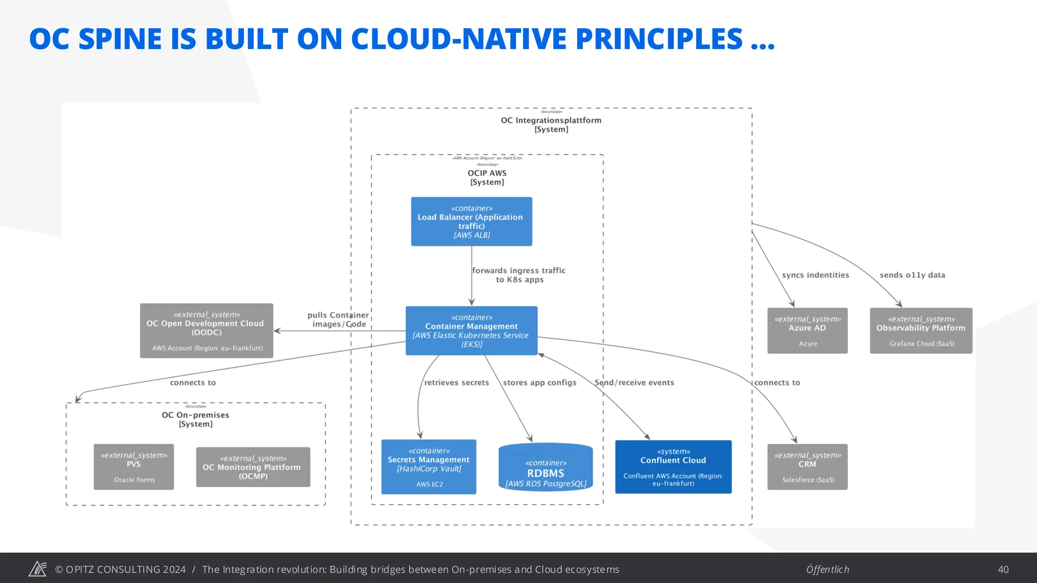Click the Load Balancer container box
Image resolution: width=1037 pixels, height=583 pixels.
pyautogui.click(x=471, y=222)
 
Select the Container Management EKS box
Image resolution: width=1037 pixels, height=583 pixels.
pyautogui.click(x=471, y=330)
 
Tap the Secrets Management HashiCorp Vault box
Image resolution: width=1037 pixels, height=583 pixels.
pyautogui.click(x=428, y=467)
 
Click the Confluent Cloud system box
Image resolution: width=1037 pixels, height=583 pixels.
pyautogui.click(x=673, y=467)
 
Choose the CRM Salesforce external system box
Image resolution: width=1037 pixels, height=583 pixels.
pyautogui.click(x=807, y=467)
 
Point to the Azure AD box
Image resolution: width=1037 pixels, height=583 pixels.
pyautogui.click(x=807, y=330)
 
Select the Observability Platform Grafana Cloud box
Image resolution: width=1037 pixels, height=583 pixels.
pyautogui.click(x=921, y=330)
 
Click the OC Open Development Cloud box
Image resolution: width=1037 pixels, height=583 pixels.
pyautogui.click(x=206, y=330)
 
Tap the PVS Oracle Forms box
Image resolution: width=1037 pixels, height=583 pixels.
pyautogui.click(x=134, y=467)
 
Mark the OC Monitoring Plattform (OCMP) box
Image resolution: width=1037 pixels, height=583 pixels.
pyautogui.click(x=253, y=467)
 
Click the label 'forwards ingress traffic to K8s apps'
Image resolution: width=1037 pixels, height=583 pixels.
pyautogui.click(x=519, y=275)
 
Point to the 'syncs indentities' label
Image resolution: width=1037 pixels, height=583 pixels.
pyautogui.click(x=815, y=275)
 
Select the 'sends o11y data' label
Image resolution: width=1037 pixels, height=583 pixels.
pyautogui.click(x=912, y=275)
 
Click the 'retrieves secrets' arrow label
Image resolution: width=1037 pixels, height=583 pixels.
pyautogui.click(x=456, y=383)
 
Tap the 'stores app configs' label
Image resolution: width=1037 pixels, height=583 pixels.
pyautogui.click(x=539, y=383)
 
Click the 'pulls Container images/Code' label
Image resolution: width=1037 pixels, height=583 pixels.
pyautogui.click(x=338, y=319)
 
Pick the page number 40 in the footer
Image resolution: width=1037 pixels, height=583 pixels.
pyautogui.click(x=1003, y=569)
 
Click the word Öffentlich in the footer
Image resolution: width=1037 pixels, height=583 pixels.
pyautogui.click(x=827, y=569)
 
